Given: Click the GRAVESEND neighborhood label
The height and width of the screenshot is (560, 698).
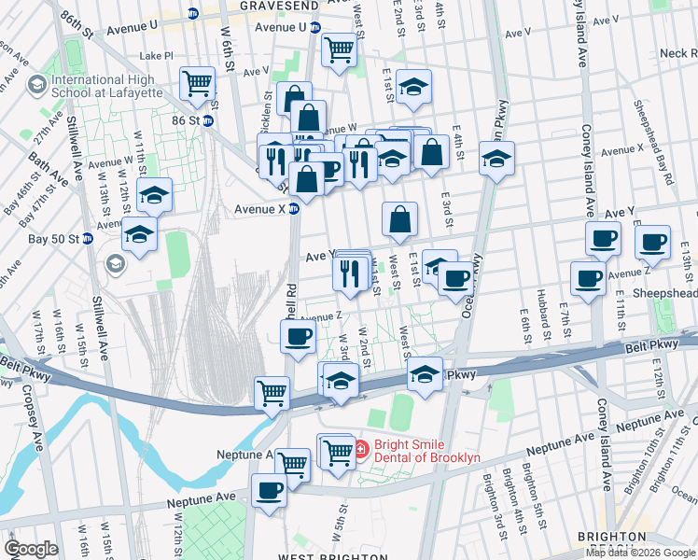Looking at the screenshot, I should [273, 6].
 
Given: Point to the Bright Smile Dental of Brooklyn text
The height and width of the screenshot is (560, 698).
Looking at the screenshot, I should [416, 451].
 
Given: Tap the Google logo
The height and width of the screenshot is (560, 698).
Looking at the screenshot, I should [31, 549].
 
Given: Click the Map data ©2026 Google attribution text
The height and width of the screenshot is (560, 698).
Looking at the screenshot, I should [640, 553].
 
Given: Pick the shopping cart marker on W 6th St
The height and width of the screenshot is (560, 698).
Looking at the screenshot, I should [198, 84].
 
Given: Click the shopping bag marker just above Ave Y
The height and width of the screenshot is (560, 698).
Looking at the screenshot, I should [399, 219].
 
